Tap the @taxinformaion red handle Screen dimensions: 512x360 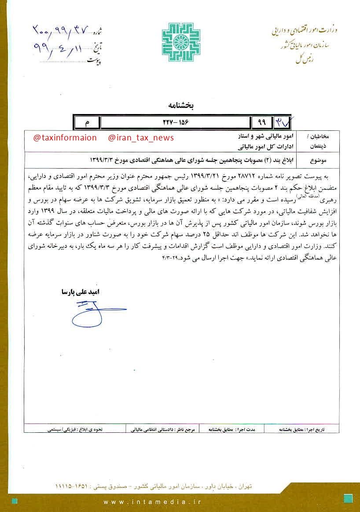coord(65,138)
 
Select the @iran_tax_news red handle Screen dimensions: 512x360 coord(141,138)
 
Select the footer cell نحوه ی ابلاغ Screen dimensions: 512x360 coord(75,428)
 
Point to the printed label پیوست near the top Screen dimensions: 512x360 coord(94,61)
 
